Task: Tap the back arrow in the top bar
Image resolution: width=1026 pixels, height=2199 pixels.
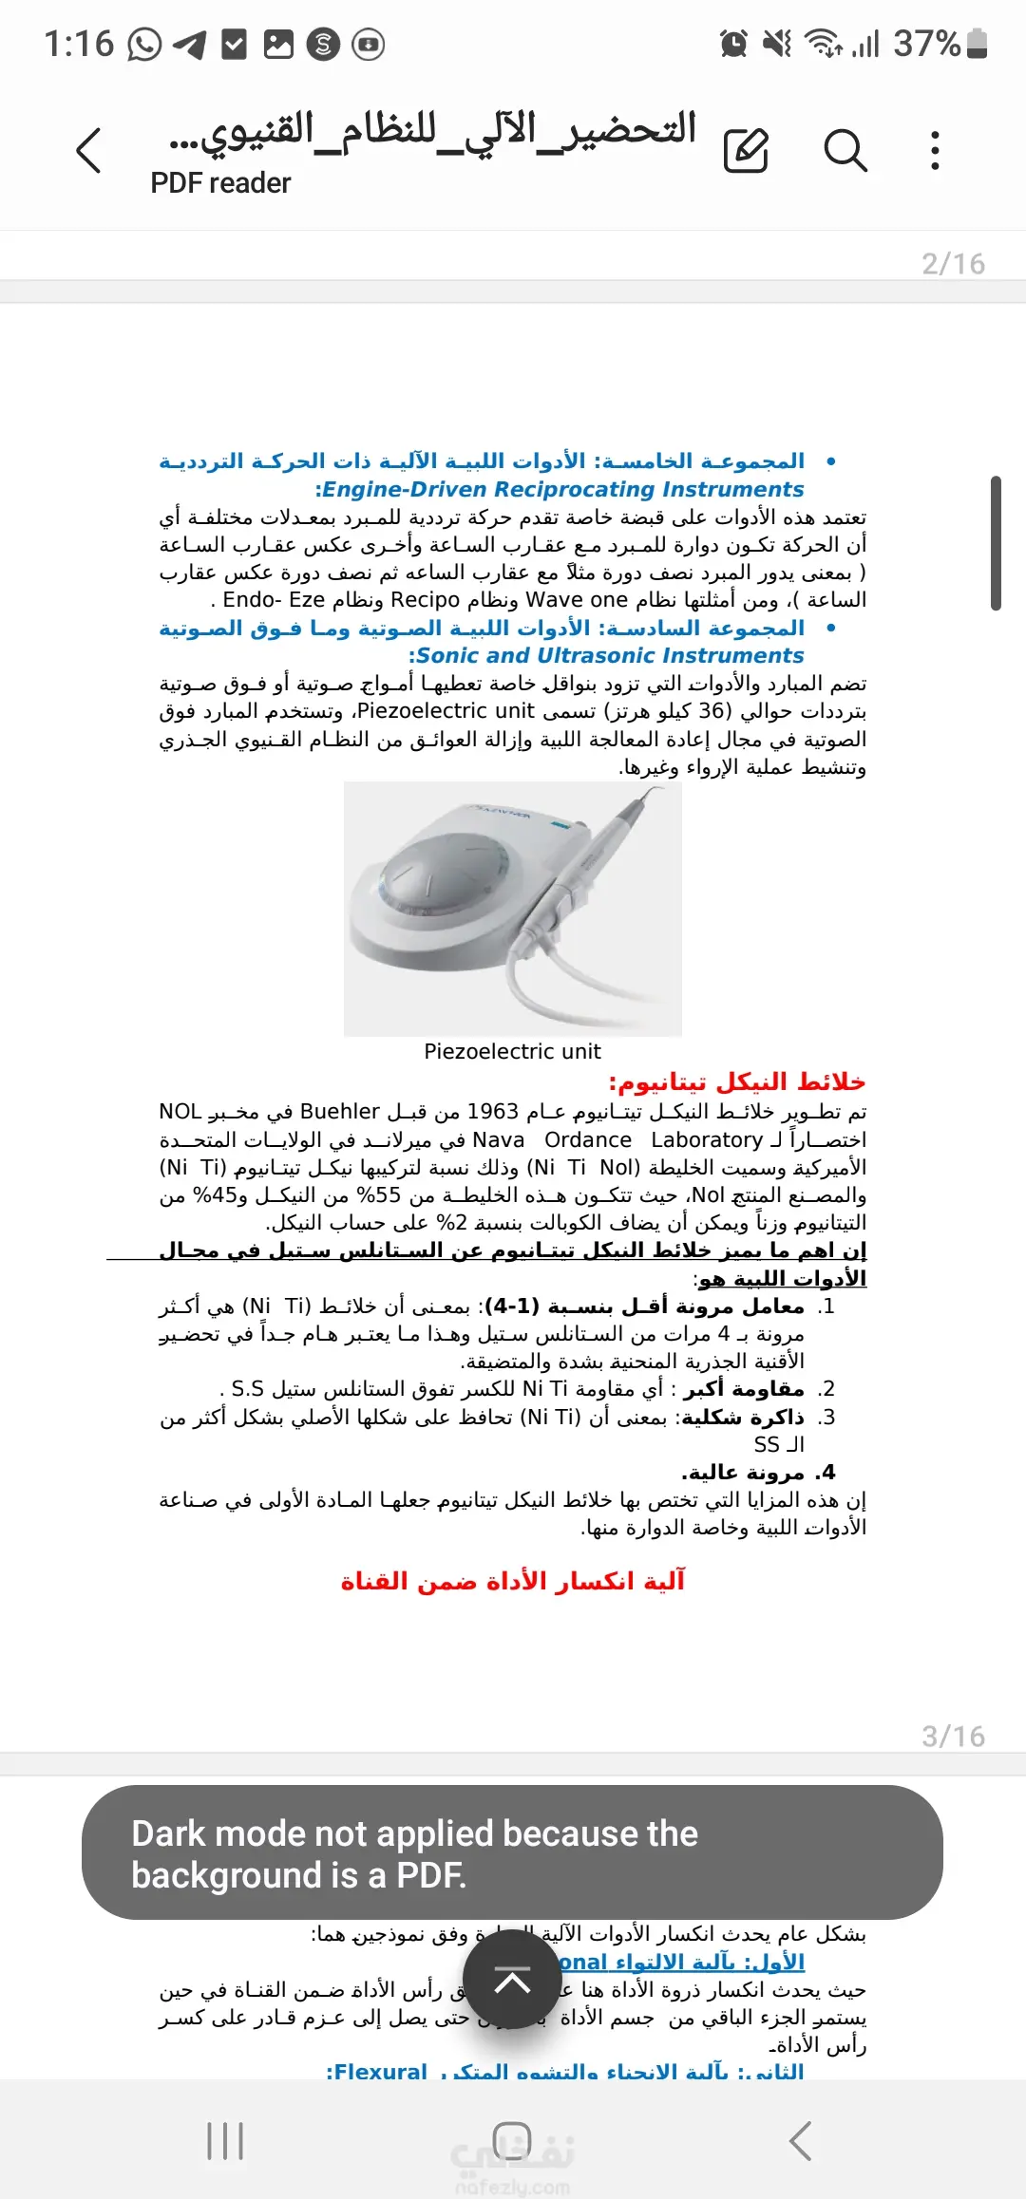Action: tap(88, 151)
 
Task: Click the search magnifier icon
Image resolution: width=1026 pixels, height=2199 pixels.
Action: tap(845, 151)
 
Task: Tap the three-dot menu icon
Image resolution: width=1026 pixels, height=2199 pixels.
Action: tap(936, 151)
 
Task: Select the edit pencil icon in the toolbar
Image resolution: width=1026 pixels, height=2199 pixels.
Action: tap(746, 151)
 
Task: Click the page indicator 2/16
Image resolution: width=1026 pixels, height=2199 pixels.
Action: tap(953, 264)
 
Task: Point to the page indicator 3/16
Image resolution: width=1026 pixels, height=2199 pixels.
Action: tap(953, 1737)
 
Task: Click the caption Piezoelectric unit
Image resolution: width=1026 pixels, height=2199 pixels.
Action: tap(512, 1052)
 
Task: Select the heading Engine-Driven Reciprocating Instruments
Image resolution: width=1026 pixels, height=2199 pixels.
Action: tap(562, 490)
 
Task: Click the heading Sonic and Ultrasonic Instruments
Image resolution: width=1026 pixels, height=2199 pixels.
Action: tap(609, 656)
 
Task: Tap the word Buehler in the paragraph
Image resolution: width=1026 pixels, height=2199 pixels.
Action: tap(340, 1112)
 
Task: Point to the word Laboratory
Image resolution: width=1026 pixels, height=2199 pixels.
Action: tap(707, 1140)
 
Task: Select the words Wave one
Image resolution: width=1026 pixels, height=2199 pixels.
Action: tap(577, 600)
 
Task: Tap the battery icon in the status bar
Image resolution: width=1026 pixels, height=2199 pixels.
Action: tap(977, 44)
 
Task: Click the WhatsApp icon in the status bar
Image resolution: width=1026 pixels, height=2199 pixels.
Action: tap(144, 44)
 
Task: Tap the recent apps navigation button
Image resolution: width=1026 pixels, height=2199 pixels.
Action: tap(225, 2141)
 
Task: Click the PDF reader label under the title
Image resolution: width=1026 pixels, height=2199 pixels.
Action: tap(220, 183)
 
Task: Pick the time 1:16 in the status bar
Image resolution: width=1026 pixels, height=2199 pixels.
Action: tap(79, 44)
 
